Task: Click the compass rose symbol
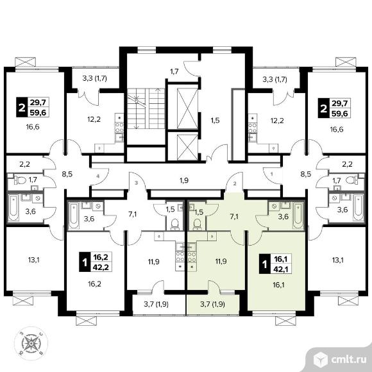point(31,343)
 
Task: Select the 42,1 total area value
point(282,269)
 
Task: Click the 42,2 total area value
point(101,267)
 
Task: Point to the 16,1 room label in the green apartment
point(278,285)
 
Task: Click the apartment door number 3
point(136,183)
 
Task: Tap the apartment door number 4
point(97,176)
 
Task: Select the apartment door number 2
point(235,183)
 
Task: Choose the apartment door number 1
point(272,174)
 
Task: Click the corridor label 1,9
point(184,180)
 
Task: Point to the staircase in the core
point(146,108)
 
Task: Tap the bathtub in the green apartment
point(298,216)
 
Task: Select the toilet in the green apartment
point(197,224)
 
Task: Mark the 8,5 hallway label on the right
point(306,174)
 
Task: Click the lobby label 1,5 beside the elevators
point(215,121)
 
